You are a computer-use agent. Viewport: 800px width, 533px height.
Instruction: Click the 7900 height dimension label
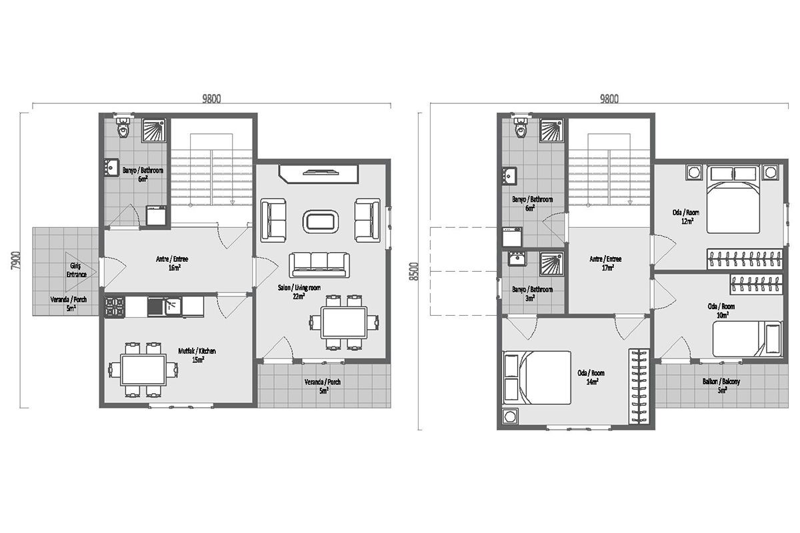pyautogui.click(x=16, y=261)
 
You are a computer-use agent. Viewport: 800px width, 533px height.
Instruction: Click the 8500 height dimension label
pyautogui.click(x=414, y=271)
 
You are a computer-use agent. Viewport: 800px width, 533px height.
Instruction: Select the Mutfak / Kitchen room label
pyautogui.click(x=197, y=355)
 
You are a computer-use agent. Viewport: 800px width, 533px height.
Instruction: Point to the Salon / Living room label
pyautogui.click(x=299, y=292)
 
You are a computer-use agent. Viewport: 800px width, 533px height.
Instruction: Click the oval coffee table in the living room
pyautogui.click(x=321, y=222)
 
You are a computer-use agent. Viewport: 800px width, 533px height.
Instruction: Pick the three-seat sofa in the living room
pyautogui.click(x=319, y=265)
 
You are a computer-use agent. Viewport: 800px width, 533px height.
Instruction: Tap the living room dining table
pyautogui.click(x=344, y=322)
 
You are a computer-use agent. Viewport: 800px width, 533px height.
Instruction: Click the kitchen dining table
pyautogui.click(x=143, y=370)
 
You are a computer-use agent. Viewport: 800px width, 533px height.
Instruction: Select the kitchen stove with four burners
pyautogui.click(x=114, y=307)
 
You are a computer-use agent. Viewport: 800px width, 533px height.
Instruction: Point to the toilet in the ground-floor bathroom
pyautogui.click(x=123, y=127)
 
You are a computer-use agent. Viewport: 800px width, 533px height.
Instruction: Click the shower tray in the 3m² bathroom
pyautogui.click(x=552, y=264)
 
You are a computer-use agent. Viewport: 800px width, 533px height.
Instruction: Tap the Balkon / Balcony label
pyautogui.click(x=721, y=386)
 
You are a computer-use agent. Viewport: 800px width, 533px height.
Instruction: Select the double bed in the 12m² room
pyautogui.click(x=733, y=199)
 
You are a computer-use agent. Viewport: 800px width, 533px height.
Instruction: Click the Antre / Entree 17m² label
pyautogui.click(x=606, y=263)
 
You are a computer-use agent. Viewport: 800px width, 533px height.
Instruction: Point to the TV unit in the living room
pyautogui.click(x=319, y=174)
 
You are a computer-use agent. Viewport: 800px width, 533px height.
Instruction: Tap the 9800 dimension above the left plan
pyautogui.click(x=211, y=99)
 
